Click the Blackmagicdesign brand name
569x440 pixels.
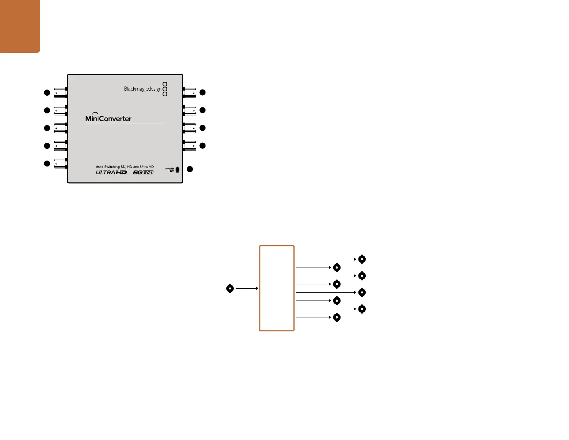[x=143, y=89]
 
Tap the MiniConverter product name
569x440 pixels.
[x=108, y=118]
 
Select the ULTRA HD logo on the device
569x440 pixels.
[x=111, y=173]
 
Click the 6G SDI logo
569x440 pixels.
[x=143, y=173]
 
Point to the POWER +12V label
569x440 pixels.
[x=170, y=170]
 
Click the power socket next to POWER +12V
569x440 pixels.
[x=177, y=169]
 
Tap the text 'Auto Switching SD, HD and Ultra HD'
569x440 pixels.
[x=125, y=167]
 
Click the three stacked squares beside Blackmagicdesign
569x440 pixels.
[x=165, y=89]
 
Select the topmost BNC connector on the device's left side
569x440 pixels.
[x=60, y=93]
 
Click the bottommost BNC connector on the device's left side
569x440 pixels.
[x=60, y=164]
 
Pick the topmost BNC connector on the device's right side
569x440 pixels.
[x=190, y=92]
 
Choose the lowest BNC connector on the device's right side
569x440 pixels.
[x=190, y=146]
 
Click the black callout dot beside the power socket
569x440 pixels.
[x=190, y=169]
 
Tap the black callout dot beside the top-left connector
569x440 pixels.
[x=47, y=93]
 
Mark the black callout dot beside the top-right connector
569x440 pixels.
[x=203, y=92]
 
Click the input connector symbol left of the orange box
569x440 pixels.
[x=230, y=288]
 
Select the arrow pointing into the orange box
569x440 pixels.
[x=247, y=288]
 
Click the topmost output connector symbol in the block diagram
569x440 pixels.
[x=362, y=259]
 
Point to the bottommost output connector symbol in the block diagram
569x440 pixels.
[x=337, y=317]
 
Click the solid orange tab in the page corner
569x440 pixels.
[x=20, y=26]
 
